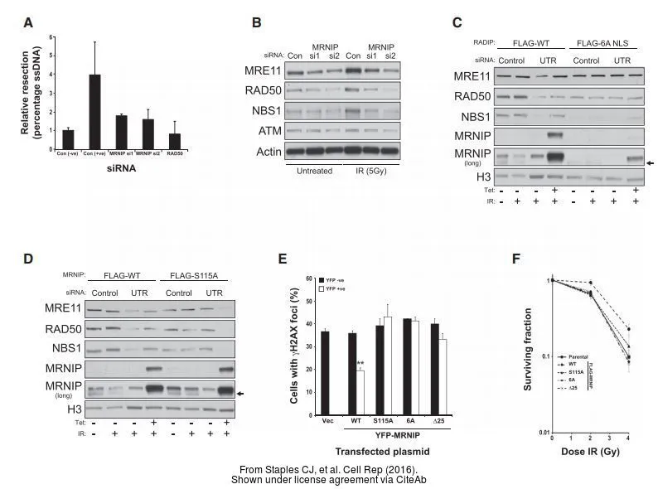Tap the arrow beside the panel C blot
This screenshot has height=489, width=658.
tap(651, 163)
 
